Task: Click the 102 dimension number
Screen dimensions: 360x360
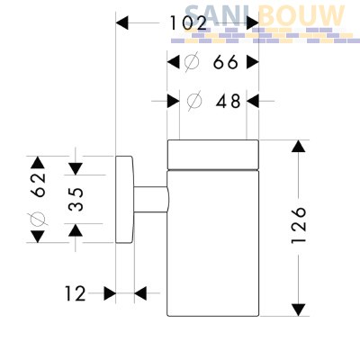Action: tap(188, 23)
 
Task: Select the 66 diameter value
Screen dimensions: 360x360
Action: tap(226, 63)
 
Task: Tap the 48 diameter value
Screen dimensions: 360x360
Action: tap(229, 101)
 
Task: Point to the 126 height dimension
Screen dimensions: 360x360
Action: tap(299, 224)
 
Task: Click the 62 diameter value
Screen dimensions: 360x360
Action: tap(40, 184)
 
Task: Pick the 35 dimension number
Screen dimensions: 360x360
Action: tap(76, 199)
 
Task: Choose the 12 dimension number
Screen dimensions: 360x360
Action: tap(76, 293)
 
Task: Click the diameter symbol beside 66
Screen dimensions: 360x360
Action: tap(192, 62)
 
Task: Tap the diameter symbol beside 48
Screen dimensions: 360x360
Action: tap(194, 101)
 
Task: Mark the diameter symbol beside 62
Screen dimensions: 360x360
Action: tap(38, 219)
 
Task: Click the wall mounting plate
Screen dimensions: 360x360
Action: tap(124, 200)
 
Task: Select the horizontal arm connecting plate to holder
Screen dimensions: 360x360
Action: tap(151, 200)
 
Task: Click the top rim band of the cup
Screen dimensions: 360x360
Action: tap(212, 155)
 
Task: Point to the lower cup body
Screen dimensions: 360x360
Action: tap(212, 243)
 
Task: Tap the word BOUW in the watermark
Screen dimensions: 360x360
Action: tap(301, 16)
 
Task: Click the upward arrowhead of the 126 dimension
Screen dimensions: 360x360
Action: tap(299, 146)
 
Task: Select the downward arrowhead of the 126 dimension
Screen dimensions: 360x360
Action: tap(299, 310)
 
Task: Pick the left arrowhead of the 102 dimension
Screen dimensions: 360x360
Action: tap(122, 23)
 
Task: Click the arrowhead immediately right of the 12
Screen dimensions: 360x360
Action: tap(140, 293)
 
